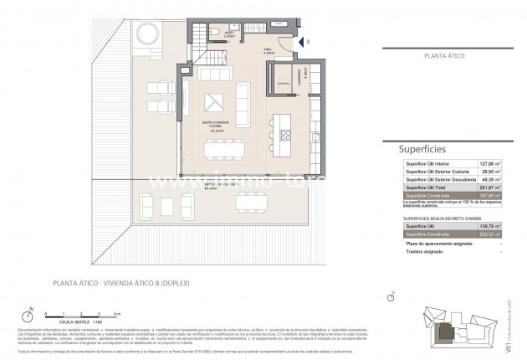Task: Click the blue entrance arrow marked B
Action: (x=302, y=40)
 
